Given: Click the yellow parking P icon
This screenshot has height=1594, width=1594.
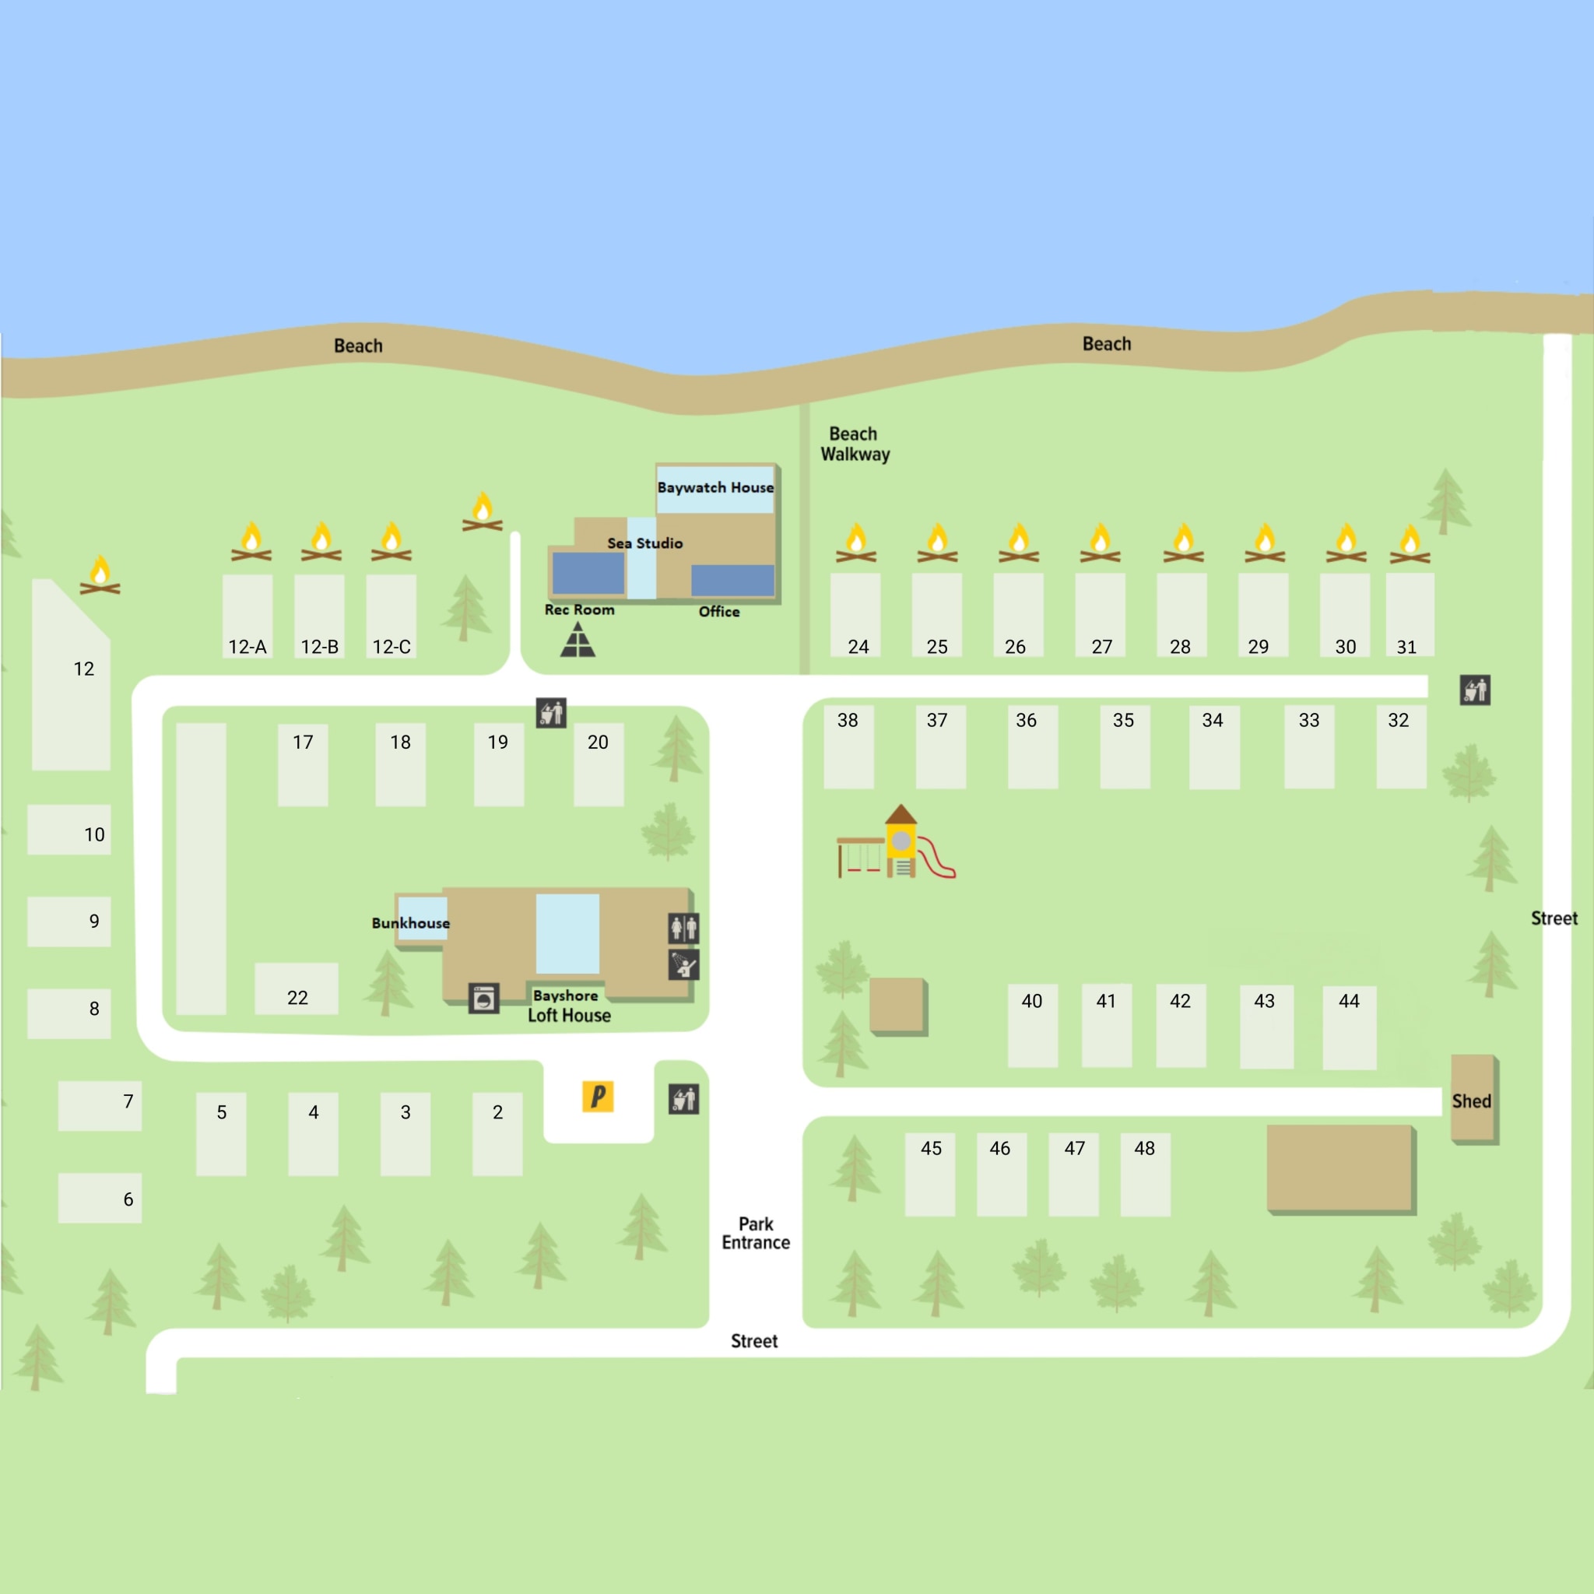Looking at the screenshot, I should [597, 1097].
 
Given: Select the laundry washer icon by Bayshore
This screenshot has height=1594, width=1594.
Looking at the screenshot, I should [483, 999].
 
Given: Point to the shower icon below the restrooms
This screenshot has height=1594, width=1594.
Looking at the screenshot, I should [683, 964].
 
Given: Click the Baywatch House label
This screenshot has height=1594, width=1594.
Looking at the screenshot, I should [715, 487].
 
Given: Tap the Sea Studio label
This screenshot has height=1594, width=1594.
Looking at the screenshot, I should [644, 543].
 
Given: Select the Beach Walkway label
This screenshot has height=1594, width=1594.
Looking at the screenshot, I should [855, 444].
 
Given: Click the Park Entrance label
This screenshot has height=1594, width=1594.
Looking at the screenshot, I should [756, 1234].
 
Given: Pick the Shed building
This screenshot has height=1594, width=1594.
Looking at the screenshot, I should [1473, 1099].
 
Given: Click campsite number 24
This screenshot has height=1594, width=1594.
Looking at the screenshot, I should [855, 616].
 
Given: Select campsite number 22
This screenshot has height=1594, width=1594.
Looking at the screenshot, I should [297, 988].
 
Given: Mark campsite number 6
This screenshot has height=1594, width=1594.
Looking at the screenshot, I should [100, 1198].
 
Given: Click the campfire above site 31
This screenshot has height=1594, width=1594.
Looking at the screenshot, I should [1410, 544].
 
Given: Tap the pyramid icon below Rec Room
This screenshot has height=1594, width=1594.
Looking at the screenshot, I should [578, 641].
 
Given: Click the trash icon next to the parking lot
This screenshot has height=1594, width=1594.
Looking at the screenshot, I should [683, 1099].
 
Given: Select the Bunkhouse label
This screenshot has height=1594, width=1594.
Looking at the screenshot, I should [410, 922].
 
